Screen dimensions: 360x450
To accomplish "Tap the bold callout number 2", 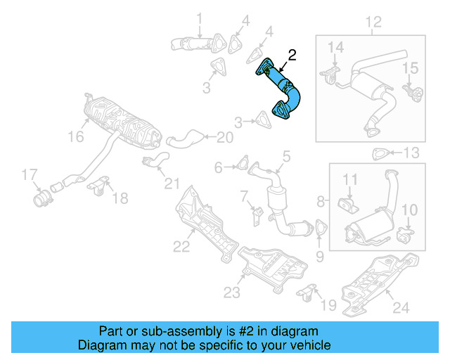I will point(292,54).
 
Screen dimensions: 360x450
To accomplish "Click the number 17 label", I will point(28,174).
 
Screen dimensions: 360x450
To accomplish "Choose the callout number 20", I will point(224,137).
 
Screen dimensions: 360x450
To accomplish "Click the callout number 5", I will point(286,156).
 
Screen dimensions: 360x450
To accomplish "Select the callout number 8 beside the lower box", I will point(321,202).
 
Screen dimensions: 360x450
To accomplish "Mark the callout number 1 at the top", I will point(199,18).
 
